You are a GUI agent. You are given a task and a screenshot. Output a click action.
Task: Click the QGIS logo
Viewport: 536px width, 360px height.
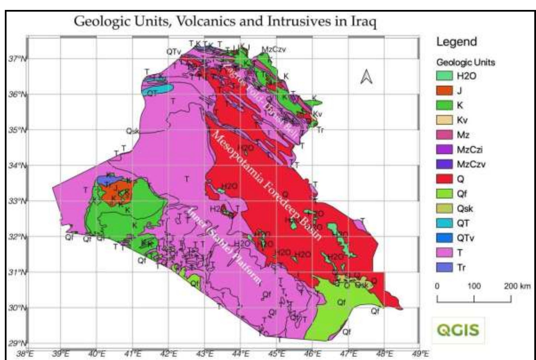pos(458,330)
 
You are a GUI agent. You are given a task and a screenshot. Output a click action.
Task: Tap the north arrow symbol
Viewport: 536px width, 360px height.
pos(366,77)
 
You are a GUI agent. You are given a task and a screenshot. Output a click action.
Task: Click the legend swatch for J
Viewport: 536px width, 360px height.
pos(444,91)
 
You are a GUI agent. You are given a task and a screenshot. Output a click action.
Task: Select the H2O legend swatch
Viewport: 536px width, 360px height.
pos(444,76)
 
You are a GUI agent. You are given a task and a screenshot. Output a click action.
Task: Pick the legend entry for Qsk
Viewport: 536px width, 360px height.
pos(444,209)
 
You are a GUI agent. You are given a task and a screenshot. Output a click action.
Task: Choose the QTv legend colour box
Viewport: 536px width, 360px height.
pos(444,238)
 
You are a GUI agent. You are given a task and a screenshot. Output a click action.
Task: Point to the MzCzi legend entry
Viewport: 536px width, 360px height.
pos(444,150)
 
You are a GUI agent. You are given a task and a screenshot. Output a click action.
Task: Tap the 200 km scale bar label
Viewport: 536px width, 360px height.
pos(517,286)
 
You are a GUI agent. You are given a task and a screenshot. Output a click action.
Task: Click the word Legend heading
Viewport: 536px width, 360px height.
pos(457,42)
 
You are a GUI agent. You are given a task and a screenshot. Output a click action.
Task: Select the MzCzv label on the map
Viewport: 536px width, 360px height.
pos(273,49)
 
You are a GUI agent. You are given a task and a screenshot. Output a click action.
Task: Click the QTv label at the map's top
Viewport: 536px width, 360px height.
pos(173,52)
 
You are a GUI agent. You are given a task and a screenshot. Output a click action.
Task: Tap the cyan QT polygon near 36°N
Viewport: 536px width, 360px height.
pos(158,90)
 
